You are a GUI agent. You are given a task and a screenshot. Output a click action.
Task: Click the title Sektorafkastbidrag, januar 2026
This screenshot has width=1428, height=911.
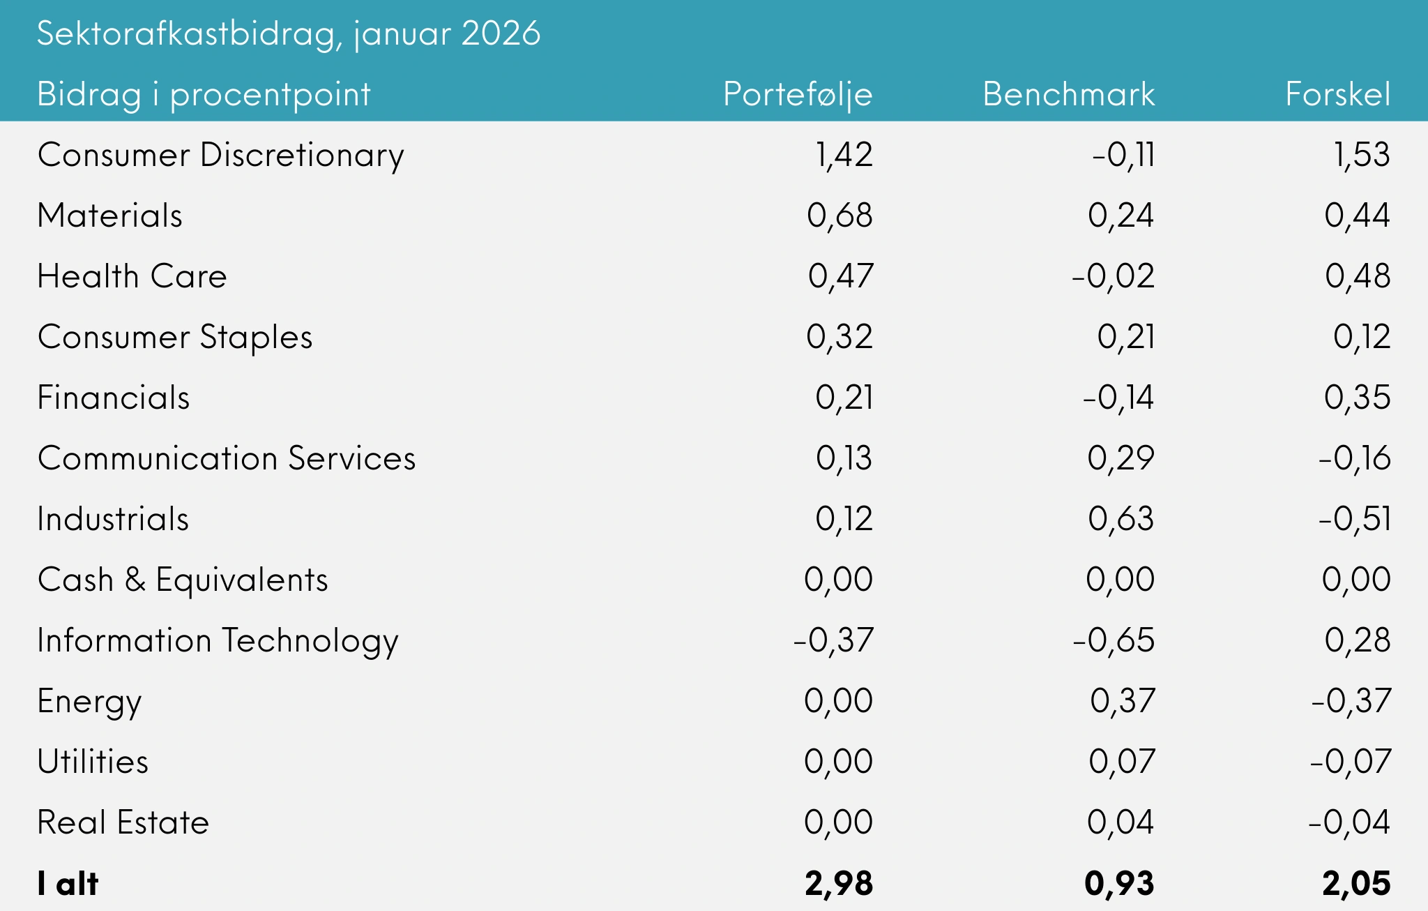click(288, 33)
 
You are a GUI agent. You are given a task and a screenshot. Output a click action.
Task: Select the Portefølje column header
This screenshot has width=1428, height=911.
click(798, 94)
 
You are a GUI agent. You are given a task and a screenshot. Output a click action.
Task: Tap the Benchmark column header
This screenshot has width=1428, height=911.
click(1068, 94)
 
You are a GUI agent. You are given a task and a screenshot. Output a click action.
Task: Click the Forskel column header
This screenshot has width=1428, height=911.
click(1337, 94)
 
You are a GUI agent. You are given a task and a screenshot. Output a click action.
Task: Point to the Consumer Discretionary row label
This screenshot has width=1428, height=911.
click(220, 155)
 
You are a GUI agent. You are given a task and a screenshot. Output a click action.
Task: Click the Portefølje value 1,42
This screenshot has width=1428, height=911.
click(844, 155)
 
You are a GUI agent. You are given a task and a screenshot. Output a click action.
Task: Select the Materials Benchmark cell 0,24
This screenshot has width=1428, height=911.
click(1121, 216)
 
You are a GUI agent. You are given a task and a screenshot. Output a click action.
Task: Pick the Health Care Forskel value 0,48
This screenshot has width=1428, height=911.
click(1357, 276)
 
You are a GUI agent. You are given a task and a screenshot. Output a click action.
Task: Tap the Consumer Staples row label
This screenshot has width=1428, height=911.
click(174, 337)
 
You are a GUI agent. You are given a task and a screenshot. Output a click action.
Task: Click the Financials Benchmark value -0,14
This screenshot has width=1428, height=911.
click(1118, 398)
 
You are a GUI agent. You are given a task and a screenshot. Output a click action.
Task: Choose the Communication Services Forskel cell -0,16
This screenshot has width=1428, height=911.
click(1354, 458)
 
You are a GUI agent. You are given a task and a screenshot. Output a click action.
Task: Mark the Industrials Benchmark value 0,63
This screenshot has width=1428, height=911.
click(1121, 519)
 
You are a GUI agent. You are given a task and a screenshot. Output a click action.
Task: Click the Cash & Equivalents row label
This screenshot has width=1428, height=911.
click(182, 580)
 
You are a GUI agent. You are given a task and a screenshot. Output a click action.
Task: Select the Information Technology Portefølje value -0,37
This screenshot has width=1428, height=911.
click(833, 640)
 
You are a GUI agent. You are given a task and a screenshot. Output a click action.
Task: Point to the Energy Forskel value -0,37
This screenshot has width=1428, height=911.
click(1351, 701)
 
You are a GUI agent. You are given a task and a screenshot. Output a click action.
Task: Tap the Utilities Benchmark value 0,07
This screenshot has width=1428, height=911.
click(1122, 762)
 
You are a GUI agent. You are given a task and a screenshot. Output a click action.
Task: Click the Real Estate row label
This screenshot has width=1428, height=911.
click(123, 822)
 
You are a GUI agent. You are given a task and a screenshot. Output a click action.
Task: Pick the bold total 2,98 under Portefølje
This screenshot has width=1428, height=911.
click(838, 884)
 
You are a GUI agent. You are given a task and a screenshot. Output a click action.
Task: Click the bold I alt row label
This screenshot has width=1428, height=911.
click(68, 884)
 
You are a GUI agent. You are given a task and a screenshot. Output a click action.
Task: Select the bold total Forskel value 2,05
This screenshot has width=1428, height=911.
click(1356, 884)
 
